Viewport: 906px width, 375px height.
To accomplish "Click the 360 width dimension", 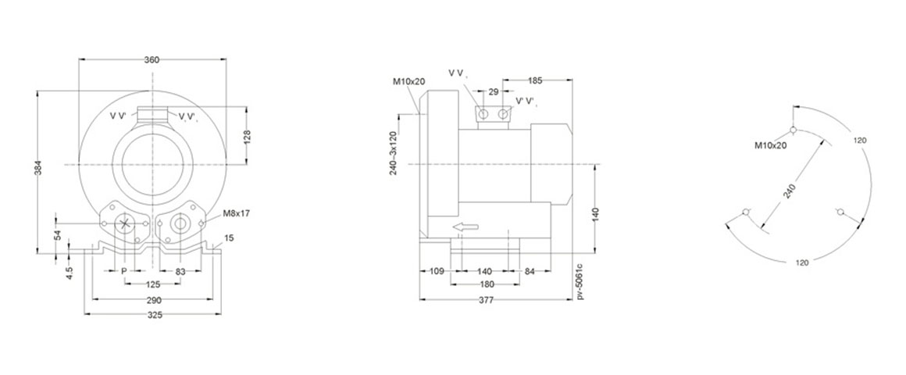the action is coord(152,59).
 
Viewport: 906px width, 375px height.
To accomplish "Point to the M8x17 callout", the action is coord(237,213).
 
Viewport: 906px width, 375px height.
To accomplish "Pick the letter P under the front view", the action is coord(123,270).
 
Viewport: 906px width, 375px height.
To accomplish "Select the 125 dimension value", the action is coord(153,284).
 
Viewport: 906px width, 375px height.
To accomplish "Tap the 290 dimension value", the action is coord(154,300).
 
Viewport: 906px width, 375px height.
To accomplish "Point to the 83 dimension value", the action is coord(180,270).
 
